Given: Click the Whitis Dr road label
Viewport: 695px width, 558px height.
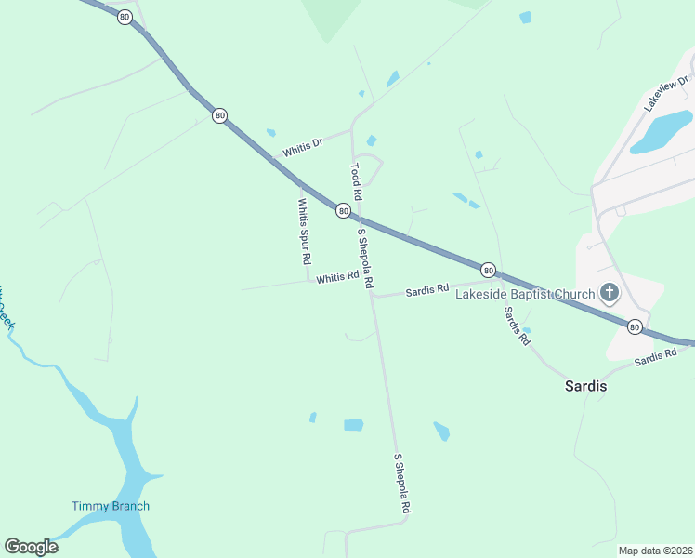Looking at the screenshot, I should tap(303, 148).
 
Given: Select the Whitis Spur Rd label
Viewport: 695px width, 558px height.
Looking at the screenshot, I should tap(304, 232).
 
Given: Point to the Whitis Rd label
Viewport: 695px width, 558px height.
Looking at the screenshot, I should tap(337, 277).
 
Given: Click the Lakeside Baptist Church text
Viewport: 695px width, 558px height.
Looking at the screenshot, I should tap(524, 295).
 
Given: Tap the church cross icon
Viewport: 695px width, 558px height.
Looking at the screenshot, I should tap(609, 295).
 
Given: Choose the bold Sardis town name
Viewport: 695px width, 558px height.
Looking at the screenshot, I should tap(586, 385).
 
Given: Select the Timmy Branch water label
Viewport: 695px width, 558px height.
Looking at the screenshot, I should tap(111, 506).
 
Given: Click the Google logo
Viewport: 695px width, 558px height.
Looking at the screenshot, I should tap(32, 547).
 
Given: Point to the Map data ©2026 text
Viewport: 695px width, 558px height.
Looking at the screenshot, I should tap(655, 551).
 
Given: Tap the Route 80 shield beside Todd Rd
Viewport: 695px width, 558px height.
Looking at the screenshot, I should tap(343, 211).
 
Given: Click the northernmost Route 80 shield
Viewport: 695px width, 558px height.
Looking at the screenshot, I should tap(125, 17).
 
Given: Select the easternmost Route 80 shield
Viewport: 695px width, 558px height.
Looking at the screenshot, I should tap(634, 326).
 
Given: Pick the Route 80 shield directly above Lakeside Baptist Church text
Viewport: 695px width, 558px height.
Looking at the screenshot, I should tap(489, 271).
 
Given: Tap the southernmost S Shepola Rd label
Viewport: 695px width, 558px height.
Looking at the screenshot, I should tap(402, 485).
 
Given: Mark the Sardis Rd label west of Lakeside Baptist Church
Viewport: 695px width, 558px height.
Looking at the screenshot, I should tap(427, 290).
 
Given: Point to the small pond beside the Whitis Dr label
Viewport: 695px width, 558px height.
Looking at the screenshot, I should tap(271, 133).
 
